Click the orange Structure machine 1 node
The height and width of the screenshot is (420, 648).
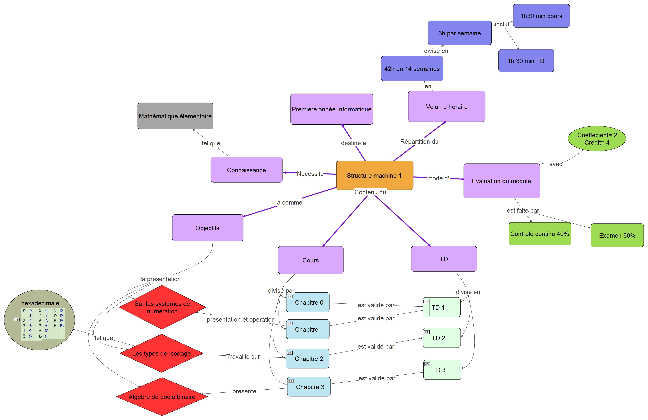point(375,175)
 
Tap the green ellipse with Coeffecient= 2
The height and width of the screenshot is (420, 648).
point(597,139)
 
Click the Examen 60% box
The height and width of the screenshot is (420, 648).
point(617,235)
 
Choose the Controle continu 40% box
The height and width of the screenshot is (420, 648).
point(540,234)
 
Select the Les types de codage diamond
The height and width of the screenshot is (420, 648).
point(161,353)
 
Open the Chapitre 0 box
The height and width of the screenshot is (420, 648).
point(309,302)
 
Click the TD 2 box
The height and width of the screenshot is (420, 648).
point(442,338)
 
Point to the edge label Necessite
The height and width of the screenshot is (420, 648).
point(310,174)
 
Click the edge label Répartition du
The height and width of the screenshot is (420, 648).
point(419,141)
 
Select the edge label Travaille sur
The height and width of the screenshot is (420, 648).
point(243,357)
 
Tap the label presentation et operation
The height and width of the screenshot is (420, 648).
point(241,320)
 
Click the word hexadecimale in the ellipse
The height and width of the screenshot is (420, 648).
point(40,303)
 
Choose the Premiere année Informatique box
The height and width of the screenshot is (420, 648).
point(332,109)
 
